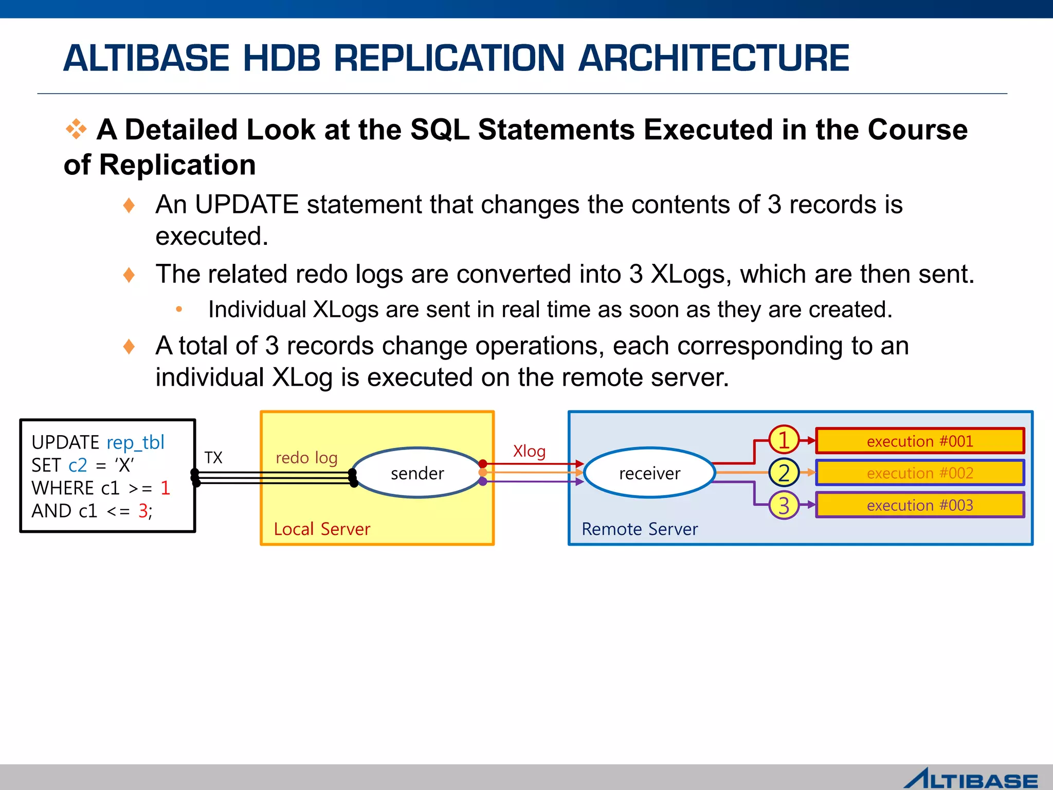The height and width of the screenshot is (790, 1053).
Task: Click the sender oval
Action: click(417, 473)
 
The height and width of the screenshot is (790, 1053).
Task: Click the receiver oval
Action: click(649, 473)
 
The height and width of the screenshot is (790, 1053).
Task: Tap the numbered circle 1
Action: click(784, 440)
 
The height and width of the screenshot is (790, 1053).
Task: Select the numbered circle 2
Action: click(784, 473)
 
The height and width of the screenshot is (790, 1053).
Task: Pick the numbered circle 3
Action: click(784, 505)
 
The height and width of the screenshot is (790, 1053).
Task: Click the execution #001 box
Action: click(919, 441)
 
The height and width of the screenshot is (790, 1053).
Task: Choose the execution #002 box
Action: click(919, 473)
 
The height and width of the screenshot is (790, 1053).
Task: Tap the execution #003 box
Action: click(919, 505)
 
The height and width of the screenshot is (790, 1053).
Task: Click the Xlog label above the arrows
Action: click(529, 451)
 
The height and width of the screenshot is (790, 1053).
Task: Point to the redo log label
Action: click(306, 457)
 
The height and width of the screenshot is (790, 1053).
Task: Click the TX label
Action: click(213, 457)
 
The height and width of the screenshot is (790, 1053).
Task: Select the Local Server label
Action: click(322, 529)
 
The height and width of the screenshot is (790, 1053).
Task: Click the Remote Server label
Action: click(640, 529)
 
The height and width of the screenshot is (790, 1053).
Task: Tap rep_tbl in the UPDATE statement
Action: click(135, 442)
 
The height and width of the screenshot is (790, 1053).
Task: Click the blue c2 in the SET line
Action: click(78, 465)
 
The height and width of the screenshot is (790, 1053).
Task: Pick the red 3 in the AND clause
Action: click(143, 511)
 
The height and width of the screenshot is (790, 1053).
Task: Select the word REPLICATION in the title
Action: click(449, 58)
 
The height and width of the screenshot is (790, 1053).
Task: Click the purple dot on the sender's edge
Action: click(482, 481)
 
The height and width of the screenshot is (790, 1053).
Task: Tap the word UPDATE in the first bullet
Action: click(246, 204)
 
